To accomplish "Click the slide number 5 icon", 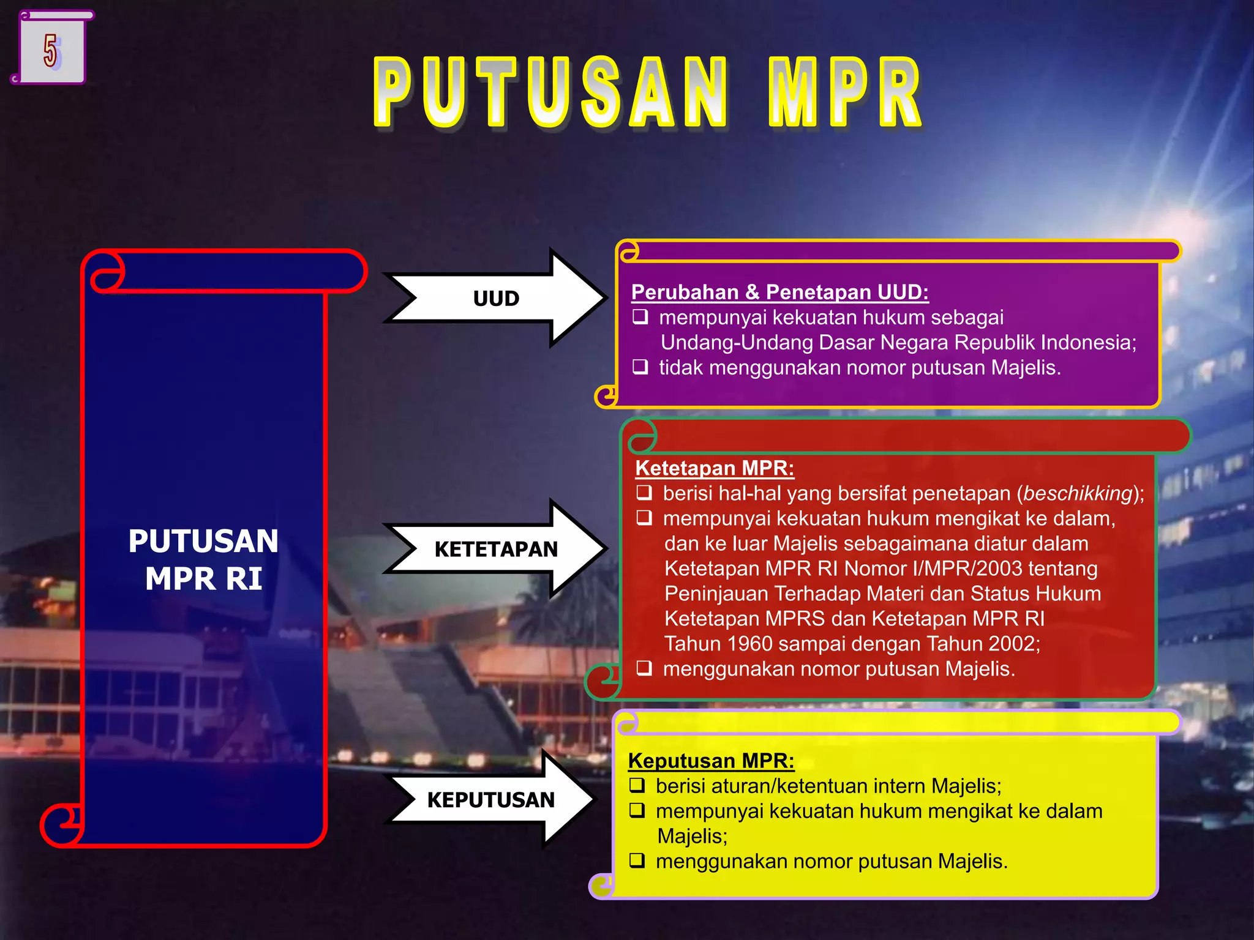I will (51, 49).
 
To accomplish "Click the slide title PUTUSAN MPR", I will (648, 93).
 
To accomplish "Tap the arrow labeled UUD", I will (496, 299).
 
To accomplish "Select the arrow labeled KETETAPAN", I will (496, 549).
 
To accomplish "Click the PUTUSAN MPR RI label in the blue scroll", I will (203, 559).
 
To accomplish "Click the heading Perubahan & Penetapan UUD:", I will (779, 292).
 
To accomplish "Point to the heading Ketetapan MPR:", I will (715, 468).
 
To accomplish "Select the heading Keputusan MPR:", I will (711, 760).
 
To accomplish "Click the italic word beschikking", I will (1077, 493).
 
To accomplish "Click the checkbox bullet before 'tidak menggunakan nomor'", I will (640, 367).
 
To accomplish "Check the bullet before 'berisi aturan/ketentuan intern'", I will (637, 785).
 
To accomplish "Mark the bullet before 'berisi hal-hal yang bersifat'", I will (644, 493).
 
